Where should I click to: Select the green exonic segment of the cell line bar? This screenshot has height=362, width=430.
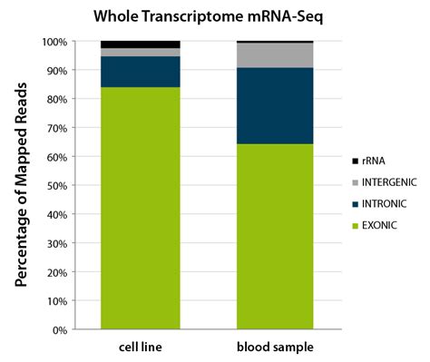point(140,209)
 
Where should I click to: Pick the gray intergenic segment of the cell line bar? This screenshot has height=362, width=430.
point(140,53)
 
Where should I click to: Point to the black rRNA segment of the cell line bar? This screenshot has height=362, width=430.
point(140,44)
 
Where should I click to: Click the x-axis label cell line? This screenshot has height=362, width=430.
point(140,348)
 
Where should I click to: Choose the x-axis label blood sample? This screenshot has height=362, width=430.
point(275,348)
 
